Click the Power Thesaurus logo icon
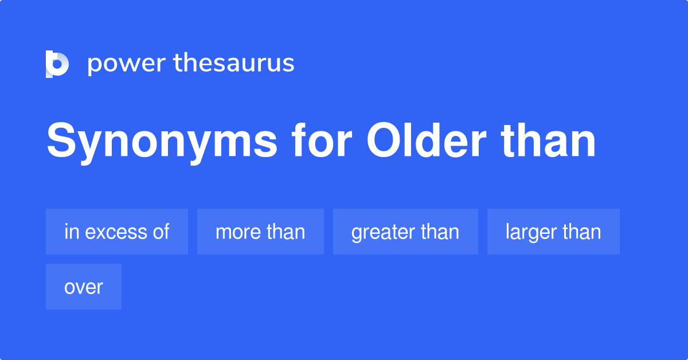57,64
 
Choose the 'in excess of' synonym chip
117,232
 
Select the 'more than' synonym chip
260,232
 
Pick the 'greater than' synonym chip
405,232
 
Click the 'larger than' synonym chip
553,232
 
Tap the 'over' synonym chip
84,287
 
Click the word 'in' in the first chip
71,232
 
